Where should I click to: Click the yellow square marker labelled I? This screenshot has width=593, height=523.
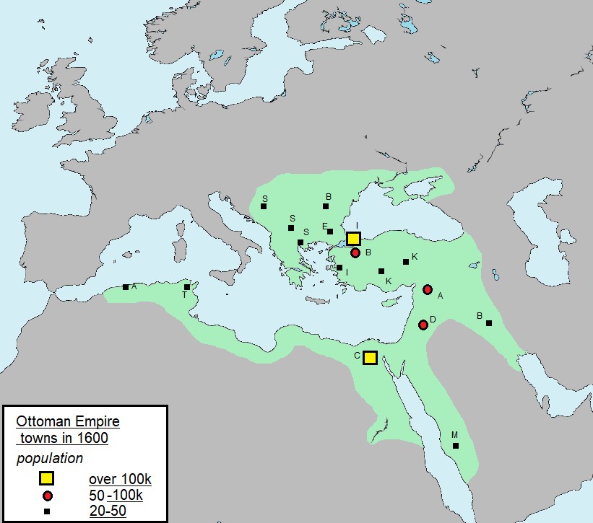point(353,239)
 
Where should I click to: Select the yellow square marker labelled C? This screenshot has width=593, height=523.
point(370,357)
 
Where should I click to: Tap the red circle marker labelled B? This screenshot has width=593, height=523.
point(355,252)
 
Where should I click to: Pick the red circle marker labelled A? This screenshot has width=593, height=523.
point(428,289)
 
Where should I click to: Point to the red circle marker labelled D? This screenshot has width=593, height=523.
point(423,325)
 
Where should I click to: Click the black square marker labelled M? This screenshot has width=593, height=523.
point(456,446)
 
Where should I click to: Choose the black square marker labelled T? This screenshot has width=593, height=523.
point(187,287)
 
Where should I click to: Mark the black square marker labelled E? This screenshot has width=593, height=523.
point(330,232)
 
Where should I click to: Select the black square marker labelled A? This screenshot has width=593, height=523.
point(126,287)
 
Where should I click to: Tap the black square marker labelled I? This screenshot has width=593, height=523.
point(339,268)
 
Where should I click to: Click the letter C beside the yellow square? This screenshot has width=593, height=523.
point(357,356)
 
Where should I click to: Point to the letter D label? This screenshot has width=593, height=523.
point(433,319)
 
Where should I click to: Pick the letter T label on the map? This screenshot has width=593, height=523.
point(184,295)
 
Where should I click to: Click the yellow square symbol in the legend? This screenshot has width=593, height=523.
point(47,479)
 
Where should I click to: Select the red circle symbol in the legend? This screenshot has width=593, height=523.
point(47,496)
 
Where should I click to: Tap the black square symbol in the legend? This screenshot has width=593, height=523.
point(47,512)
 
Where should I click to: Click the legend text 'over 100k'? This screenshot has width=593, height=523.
point(119,480)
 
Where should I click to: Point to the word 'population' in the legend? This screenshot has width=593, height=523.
point(50,458)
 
